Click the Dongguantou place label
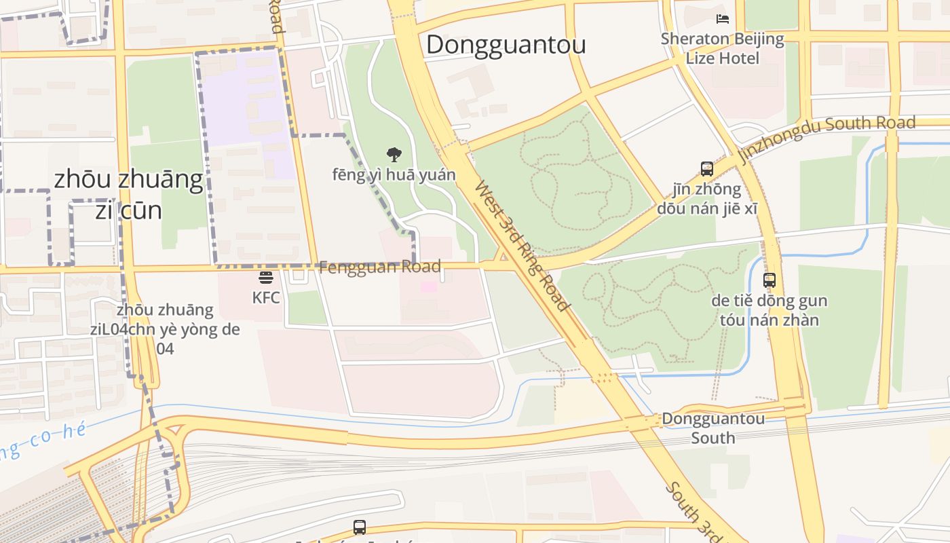tap(506, 45)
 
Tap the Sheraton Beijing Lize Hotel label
tap(723, 48)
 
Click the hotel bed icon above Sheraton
tap(723, 19)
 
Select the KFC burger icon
tap(265, 278)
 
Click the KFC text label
tap(265, 298)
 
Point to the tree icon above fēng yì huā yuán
tap(394, 155)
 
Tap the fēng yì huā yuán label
tap(394, 175)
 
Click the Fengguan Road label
tap(379, 267)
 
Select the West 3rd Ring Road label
tap(521, 246)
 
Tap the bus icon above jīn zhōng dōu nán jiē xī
tap(706, 169)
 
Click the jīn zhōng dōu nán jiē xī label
tap(706, 198)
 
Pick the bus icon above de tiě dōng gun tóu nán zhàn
tap(769, 280)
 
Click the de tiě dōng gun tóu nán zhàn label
tap(769, 310)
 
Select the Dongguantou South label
tap(712, 428)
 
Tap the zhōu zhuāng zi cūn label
tap(128, 195)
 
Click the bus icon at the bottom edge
tap(359, 527)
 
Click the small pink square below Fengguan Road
tap(428, 286)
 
